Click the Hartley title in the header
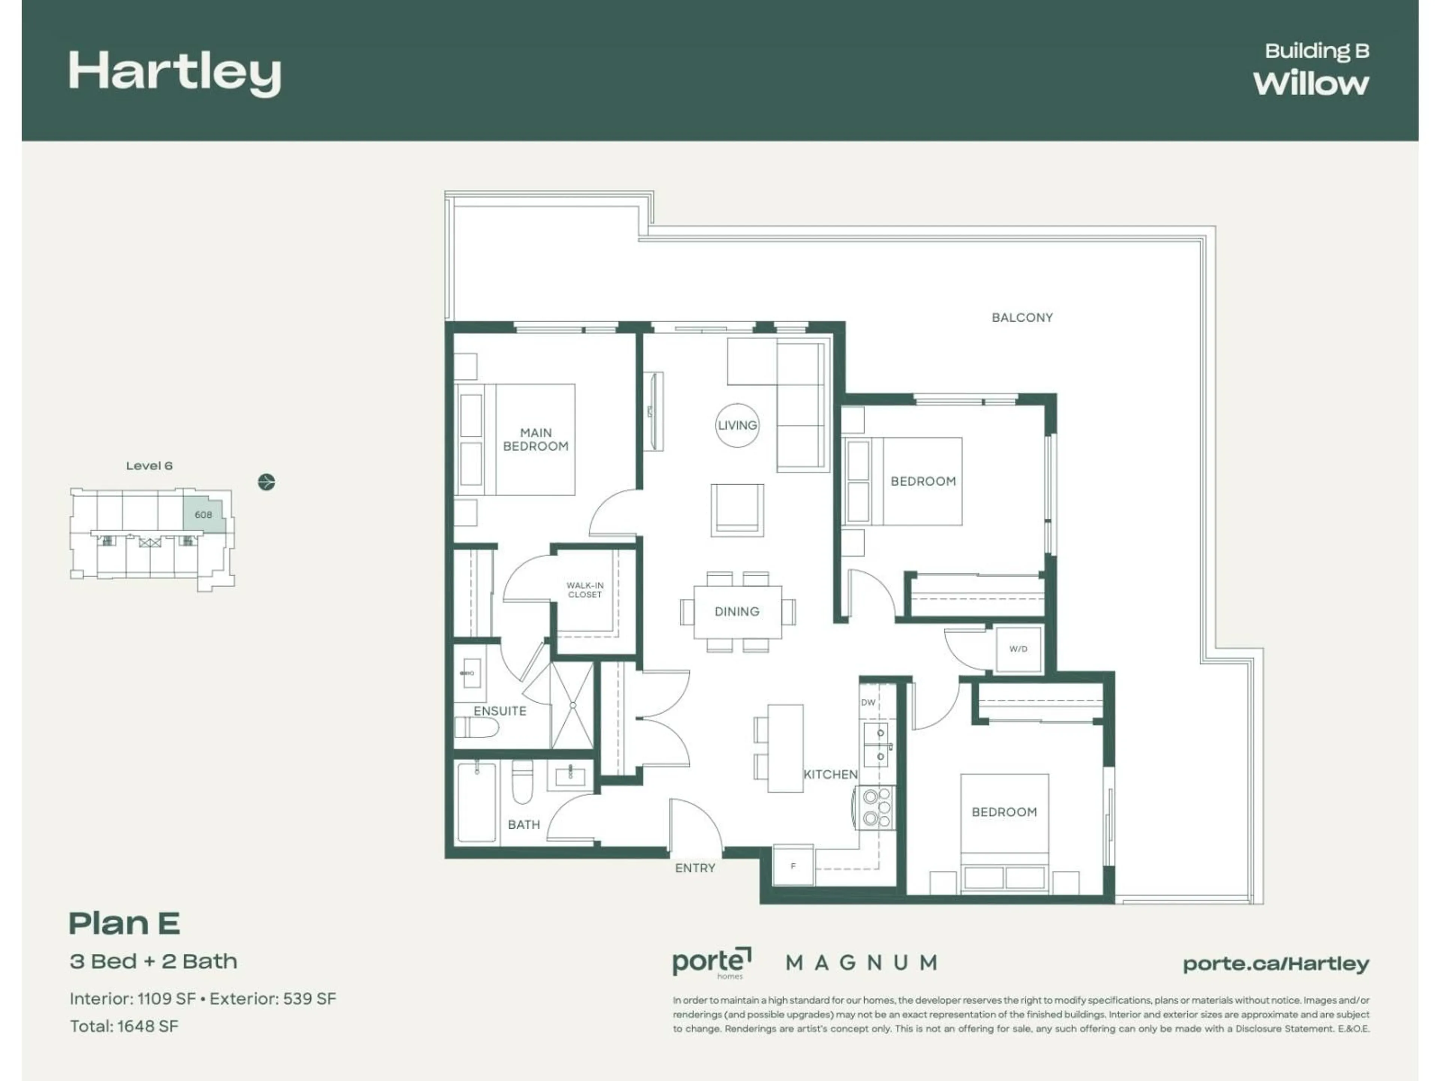[x=174, y=72]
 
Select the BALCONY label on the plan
[x=1021, y=317]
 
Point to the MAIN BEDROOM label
[x=535, y=440]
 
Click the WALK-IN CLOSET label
[x=584, y=590]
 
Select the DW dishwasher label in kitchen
[x=868, y=702]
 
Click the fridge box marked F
[x=793, y=866]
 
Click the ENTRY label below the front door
[x=695, y=868]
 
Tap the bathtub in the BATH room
[x=476, y=803]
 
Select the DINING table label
[x=737, y=611]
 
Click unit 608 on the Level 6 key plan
[x=203, y=515]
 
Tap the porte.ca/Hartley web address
[x=1276, y=964]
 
